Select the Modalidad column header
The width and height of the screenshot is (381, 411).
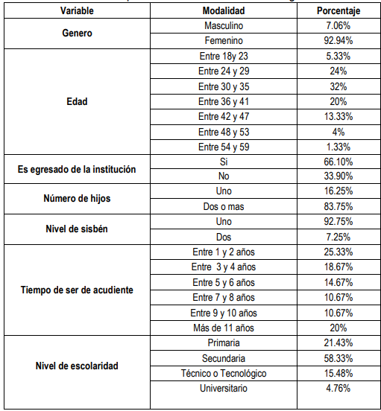(224, 11)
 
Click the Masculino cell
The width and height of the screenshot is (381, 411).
(224, 26)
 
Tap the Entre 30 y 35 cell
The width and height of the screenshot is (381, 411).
(224, 86)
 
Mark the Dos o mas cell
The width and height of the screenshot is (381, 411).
(224, 206)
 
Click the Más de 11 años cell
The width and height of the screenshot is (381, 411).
(224, 328)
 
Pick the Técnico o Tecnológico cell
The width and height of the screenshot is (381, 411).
(224, 373)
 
